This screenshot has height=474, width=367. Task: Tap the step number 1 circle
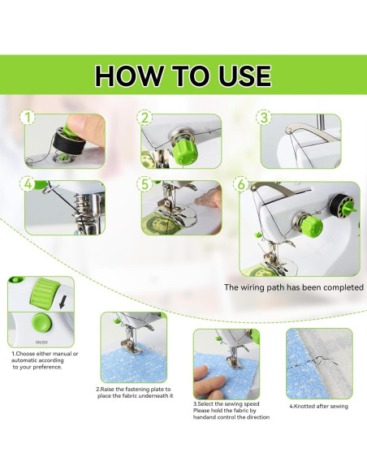(28, 118)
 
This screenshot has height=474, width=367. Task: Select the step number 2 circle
(145, 118)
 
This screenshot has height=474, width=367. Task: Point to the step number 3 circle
(264, 118)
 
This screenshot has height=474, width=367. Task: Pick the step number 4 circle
(28, 184)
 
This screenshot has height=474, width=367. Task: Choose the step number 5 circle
(145, 184)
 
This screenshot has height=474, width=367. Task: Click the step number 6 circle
(241, 184)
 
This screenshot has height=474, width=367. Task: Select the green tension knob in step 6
(313, 226)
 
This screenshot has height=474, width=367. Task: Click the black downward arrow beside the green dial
(63, 302)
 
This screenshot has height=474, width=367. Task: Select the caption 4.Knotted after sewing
(319, 407)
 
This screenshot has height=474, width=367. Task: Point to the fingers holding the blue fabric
(209, 381)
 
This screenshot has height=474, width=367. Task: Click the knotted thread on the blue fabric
(322, 360)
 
